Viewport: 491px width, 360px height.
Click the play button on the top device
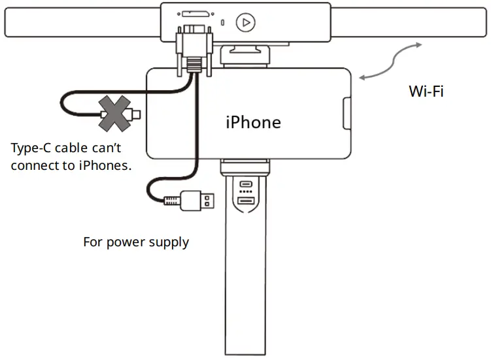tap(245, 22)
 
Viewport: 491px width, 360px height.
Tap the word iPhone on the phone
tap(253, 122)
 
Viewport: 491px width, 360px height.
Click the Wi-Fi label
tap(426, 91)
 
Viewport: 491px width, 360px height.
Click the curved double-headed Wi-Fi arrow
tap(391, 62)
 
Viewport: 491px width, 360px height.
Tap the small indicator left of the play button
tap(223, 22)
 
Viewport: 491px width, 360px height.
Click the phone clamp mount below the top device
tap(244, 55)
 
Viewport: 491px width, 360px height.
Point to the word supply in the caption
tap(168, 242)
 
